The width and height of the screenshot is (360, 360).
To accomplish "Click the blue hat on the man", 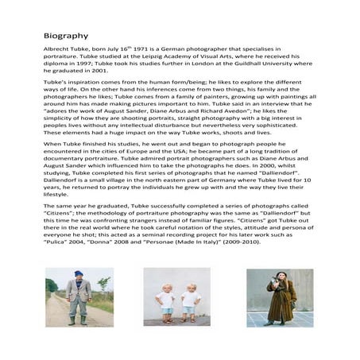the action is (x=78, y=275).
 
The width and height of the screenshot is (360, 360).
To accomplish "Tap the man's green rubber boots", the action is (x=77, y=319).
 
